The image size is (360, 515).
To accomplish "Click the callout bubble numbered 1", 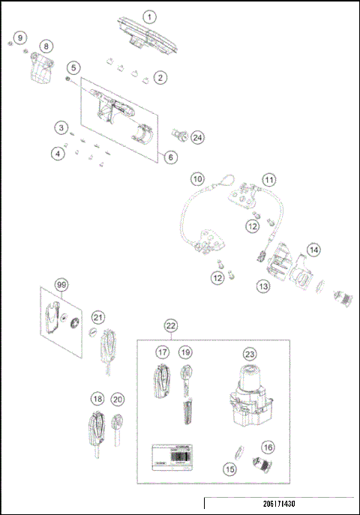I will click(x=148, y=16).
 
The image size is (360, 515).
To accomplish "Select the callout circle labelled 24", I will click(x=197, y=138).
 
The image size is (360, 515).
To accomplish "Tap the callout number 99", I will click(x=61, y=286).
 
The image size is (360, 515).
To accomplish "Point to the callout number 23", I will click(x=249, y=352).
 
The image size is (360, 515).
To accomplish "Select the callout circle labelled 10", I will click(x=196, y=179).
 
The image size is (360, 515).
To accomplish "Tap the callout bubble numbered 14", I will click(x=313, y=250).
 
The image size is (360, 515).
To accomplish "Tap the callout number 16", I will click(x=268, y=448).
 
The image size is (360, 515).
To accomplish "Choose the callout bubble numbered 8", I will click(x=46, y=46).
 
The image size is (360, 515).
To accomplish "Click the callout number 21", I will click(x=98, y=319).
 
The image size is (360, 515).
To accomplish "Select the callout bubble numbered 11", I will click(x=268, y=180).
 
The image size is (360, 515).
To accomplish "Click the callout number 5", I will click(x=73, y=67).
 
